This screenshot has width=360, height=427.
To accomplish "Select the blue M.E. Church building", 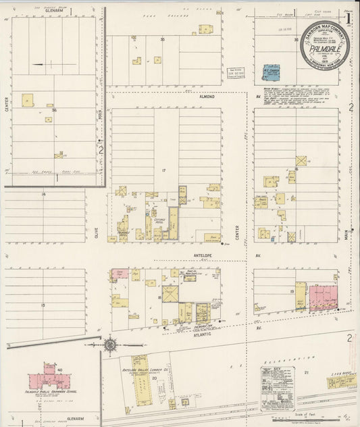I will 271,72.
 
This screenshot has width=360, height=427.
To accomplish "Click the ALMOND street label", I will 207,97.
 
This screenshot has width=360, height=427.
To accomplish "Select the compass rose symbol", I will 110,345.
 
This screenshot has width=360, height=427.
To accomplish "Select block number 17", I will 163,170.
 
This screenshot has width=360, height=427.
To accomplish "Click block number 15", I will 42,306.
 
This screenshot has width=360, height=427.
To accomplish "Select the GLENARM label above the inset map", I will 50,11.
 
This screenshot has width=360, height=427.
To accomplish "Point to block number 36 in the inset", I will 54,109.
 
